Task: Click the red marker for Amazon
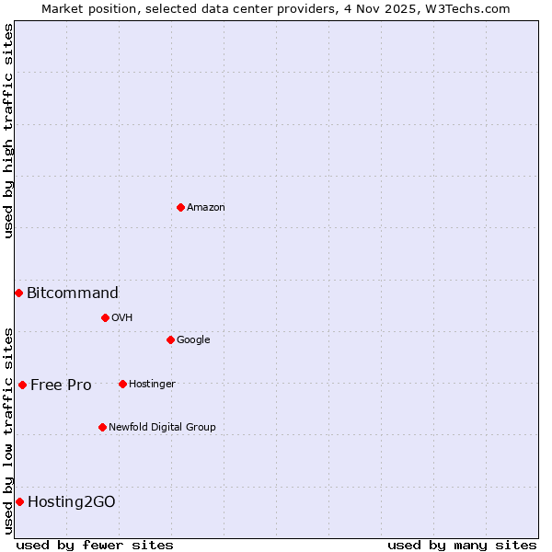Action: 180,207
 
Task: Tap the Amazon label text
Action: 206,207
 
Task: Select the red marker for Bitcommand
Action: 18,293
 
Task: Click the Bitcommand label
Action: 73,293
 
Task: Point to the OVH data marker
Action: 105,317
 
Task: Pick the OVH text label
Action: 122,317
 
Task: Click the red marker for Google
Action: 170,339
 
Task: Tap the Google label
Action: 193,339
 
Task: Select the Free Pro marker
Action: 22,385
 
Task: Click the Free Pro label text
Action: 61,385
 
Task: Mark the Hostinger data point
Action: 122,384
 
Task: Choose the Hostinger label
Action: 152,384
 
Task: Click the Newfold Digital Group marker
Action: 102,427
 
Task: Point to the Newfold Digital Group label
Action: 162,427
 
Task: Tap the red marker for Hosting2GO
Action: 19,501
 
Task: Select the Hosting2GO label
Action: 72,501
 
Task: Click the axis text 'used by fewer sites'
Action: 95,545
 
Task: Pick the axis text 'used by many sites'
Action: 462,545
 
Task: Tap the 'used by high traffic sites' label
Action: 8,131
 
